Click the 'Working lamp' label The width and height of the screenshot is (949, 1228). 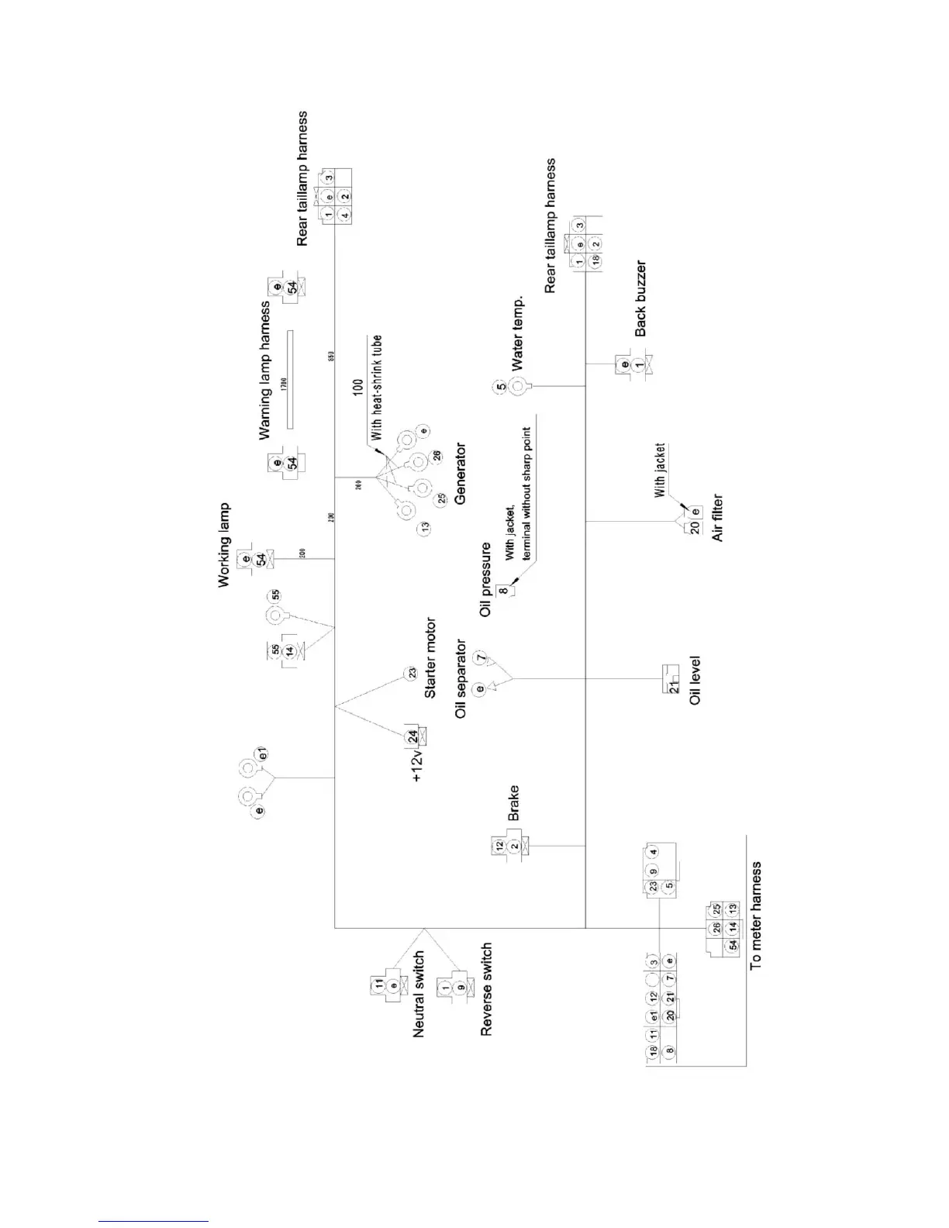coord(225,545)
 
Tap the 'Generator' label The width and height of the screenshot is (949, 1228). coord(461,474)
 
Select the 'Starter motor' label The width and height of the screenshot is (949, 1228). coord(431,657)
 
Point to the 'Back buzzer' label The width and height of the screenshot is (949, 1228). coord(640,298)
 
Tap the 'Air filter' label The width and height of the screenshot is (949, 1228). coord(717,517)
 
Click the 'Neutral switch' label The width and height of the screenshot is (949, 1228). coord(419,994)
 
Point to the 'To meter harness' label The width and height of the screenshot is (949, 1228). coord(757,915)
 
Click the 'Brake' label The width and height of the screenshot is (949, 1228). coord(513,803)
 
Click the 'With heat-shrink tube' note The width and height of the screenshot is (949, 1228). coord(377,388)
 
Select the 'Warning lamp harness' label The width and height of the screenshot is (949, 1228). coord(266,371)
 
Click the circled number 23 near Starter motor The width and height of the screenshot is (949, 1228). coord(412,674)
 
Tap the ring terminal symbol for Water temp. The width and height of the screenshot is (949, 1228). coord(518,385)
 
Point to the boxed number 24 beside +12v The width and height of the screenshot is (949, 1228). coord(412,735)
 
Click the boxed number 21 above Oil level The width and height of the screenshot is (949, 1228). coord(673,685)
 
